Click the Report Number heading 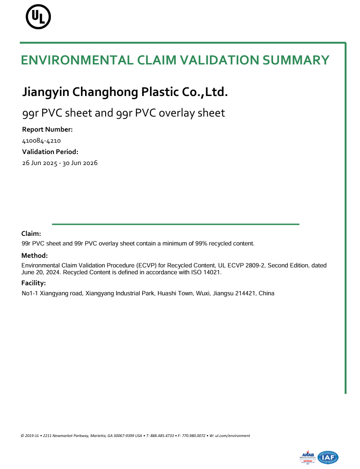47,130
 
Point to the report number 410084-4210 42,141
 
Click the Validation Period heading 50,152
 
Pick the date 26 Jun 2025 39,163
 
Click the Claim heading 32,234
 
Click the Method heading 35,256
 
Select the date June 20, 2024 41,272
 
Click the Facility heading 34,283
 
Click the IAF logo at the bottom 328,457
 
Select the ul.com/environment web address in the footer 232,436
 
